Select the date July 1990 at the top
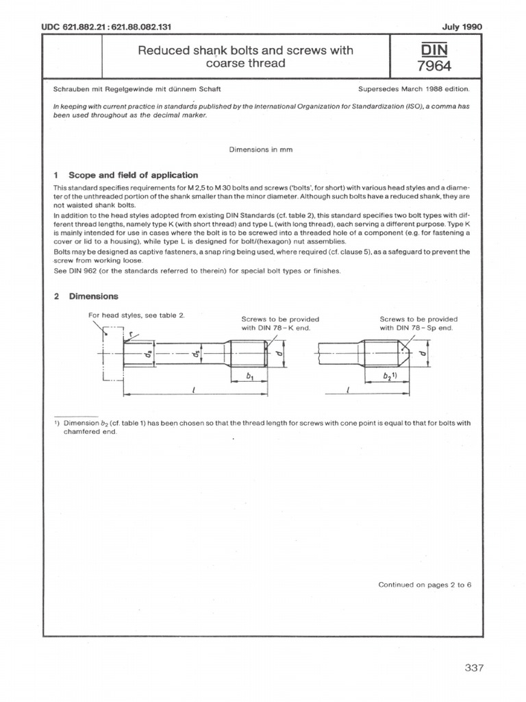(x=463, y=27)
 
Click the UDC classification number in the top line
(x=106, y=27)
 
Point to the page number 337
(x=474, y=668)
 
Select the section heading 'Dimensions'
(x=92, y=297)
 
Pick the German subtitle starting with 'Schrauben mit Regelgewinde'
(x=137, y=89)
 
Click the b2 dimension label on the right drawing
(x=392, y=377)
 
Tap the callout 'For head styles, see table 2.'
(x=136, y=315)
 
